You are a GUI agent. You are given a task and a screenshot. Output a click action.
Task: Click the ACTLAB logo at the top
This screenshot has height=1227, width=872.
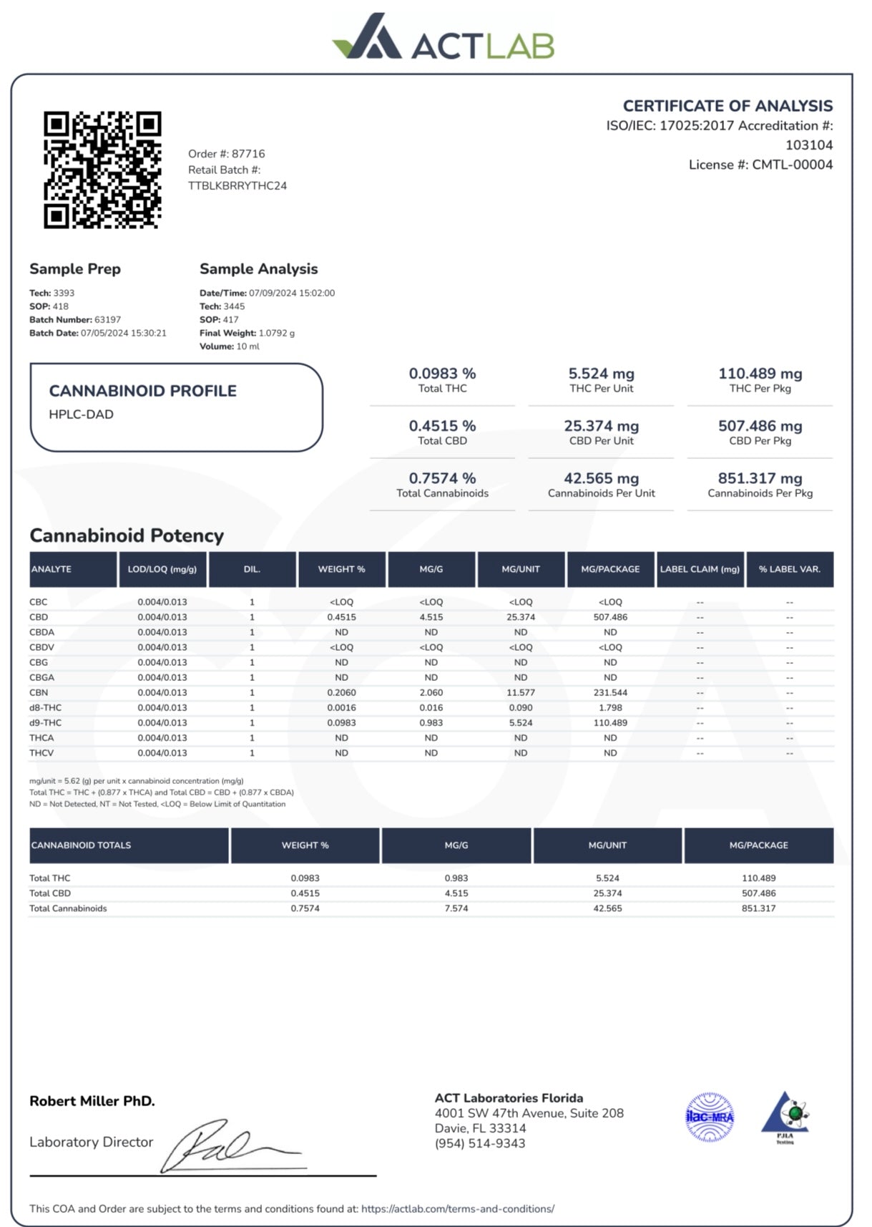pyautogui.click(x=443, y=38)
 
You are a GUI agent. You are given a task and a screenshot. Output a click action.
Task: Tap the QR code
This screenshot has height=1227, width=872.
pyautogui.click(x=102, y=170)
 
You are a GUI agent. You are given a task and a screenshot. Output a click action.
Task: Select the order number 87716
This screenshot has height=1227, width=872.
pyautogui.click(x=248, y=154)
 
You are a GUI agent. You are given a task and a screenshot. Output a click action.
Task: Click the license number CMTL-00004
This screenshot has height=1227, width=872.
pyautogui.click(x=792, y=165)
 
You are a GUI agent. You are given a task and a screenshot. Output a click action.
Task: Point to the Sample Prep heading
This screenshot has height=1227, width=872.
pyautogui.click(x=75, y=269)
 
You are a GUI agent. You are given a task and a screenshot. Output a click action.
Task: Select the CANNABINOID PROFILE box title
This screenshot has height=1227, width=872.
pyautogui.click(x=142, y=391)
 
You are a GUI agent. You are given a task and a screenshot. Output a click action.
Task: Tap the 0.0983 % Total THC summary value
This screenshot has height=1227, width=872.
pyautogui.click(x=442, y=374)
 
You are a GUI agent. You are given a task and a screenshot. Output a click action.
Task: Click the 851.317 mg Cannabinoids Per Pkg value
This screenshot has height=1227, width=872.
pyautogui.click(x=760, y=478)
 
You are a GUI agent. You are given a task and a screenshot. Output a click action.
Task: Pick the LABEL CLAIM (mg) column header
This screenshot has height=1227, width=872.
pyautogui.click(x=700, y=569)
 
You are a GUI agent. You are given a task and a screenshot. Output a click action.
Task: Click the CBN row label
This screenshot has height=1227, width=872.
pyautogui.click(x=39, y=692)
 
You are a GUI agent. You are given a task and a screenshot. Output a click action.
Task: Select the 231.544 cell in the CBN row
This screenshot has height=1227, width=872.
pyautogui.click(x=609, y=692)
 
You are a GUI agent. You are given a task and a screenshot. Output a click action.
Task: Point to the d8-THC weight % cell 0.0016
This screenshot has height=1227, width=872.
pyautogui.click(x=341, y=707)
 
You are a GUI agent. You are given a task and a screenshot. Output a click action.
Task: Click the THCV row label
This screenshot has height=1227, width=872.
pyautogui.click(x=41, y=752)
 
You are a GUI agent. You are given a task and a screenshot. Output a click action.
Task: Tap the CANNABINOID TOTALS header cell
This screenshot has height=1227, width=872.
pyautogui.click(x=82, y=845)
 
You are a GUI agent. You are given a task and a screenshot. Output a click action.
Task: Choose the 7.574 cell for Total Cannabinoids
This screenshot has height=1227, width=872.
pyautogui.click(x=456, y=908)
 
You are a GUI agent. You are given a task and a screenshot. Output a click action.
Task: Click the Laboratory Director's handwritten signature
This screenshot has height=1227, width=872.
pyautogui.click(x=229, y=1145)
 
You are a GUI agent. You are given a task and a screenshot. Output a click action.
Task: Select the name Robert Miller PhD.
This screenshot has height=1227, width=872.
pyautogui.click(x=92, y=1101)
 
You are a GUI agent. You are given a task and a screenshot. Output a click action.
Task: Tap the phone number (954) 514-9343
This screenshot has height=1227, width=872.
pyautogui.click(x=480, y=1143)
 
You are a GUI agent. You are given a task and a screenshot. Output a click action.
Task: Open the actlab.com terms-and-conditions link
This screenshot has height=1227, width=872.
pyautogui.click(x=457, y=1208)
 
